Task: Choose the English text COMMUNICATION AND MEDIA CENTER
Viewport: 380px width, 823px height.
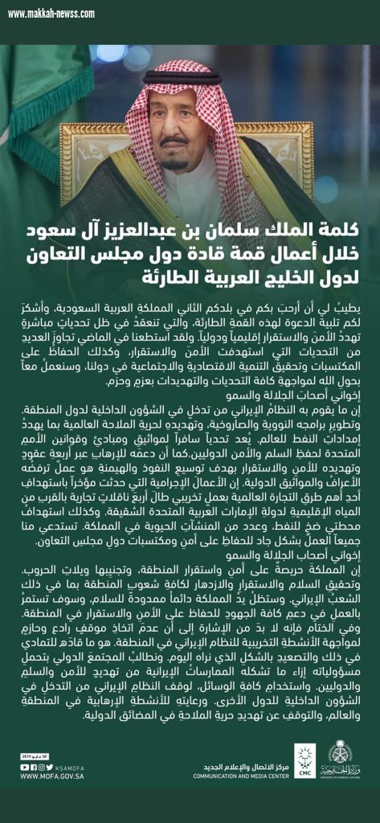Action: coord(240,776)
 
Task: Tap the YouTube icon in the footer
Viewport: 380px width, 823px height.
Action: coord(24,767)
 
